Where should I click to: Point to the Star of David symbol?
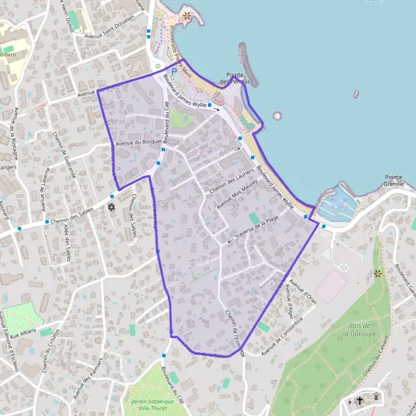111,207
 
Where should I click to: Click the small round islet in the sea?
277,116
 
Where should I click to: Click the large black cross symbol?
361,400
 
